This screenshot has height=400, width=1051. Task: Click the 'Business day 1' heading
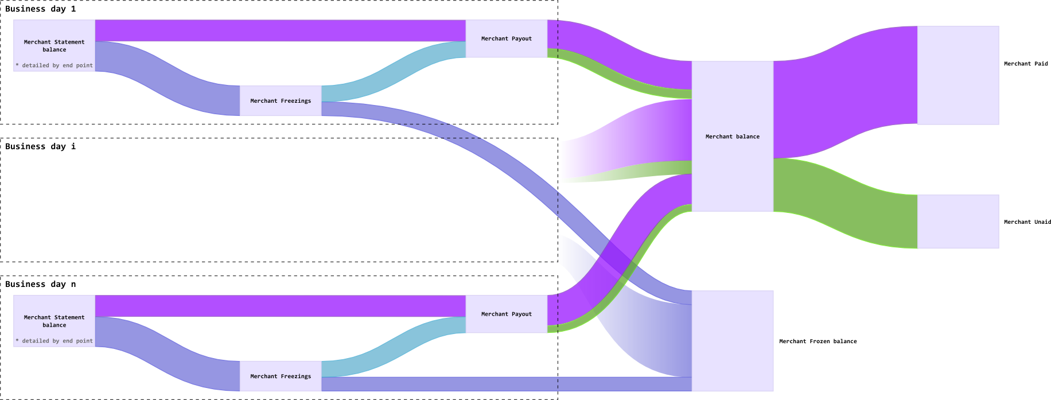[x=40, y=9]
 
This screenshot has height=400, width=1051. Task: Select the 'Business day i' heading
[x=40, y=147]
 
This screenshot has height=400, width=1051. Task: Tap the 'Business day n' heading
[x=40, y=285]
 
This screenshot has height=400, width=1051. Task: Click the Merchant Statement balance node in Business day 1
[x=54, y=45]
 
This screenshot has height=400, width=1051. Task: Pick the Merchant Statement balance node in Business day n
[x=54, y=321]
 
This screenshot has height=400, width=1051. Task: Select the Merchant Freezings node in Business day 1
[x=281, y=101]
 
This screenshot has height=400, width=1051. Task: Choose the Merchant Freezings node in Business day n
[x=281, y=376]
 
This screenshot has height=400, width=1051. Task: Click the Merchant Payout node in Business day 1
[x=506, y=38]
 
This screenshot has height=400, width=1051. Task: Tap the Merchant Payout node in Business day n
[x=506, y=314]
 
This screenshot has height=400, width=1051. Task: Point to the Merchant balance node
[x=732, y=137]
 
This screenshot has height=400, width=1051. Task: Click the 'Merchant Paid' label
[x=1026, y=64]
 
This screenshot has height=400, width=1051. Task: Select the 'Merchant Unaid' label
[x=1027, y=222]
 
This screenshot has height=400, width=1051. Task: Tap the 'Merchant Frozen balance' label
[x=818, y=341]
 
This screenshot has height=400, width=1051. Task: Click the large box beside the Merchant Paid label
[x=958, y=75]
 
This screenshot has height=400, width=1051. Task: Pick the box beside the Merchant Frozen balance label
[x=732, y=341]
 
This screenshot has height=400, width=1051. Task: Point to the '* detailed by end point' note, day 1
[x=55, y=65]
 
